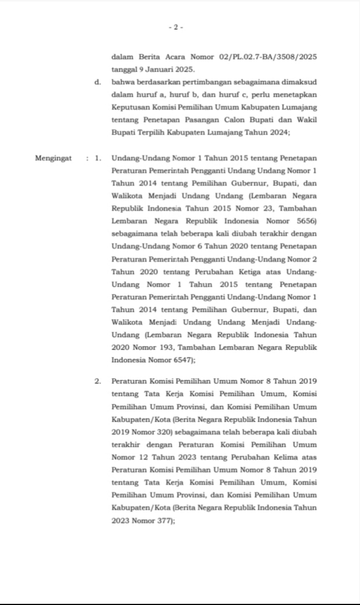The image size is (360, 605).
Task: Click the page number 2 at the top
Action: [x=176, y=27]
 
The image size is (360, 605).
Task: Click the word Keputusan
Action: [x=130, y=107]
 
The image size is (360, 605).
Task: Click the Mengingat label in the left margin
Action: [x=53, y=158]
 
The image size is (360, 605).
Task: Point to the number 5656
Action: [x=306, y=221]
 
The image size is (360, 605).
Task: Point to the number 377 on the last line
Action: [x=162, y=520]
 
